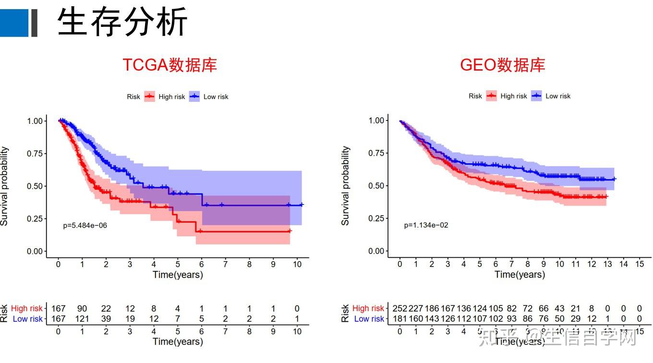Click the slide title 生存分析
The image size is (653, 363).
[x=122, y=22]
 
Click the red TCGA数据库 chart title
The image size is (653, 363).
[x=169, y=65]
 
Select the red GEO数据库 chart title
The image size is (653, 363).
[x=502, y=65]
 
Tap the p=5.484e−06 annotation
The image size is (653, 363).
[x=85, y=225]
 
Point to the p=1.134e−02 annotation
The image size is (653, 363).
[x=426, y=225]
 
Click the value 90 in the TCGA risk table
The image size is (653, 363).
[x=82, y=309]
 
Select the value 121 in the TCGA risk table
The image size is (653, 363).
[x=82, y=319]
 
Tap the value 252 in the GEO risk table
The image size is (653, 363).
[x=400, y=308]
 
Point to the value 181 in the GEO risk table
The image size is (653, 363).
[x=400, y=318]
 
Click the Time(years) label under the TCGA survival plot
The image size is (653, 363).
[x=178, y=275]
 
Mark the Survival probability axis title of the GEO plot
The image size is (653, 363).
[x=345, y=186]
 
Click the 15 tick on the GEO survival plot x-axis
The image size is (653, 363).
[x=639, y=264]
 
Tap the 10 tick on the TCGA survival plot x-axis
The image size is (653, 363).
[x=297, y=264]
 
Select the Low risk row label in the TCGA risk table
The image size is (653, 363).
[x=27, y=319]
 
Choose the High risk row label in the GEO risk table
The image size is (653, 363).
[x=368, y=308]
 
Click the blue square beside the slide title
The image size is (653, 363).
[x=14, y=23]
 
